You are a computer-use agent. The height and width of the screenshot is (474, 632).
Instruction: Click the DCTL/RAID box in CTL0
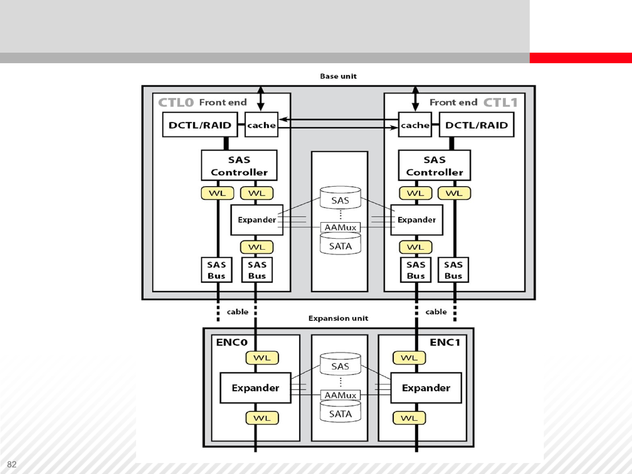[x=200, y=125]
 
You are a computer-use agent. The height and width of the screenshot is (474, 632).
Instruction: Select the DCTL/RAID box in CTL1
[x=476, y=125]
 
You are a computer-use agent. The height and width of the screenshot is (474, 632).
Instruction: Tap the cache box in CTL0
[x=261, y=125]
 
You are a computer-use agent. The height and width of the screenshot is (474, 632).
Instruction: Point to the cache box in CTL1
[x=415, y=125]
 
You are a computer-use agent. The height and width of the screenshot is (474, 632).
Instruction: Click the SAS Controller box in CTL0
[x=239, y=165]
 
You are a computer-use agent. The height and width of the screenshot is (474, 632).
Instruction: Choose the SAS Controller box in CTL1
[x=434, y=165]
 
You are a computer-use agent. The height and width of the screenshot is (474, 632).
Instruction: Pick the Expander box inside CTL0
[x=257, y=220]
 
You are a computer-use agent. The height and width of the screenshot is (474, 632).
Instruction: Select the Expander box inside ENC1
[x=426, y=388]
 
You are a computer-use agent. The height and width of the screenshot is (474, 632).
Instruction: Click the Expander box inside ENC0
[x=255, y=388]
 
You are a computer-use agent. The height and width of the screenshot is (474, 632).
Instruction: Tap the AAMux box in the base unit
[x=340, y=227]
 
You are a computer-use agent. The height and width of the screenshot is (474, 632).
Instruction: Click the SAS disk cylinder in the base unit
[x=340, y=199]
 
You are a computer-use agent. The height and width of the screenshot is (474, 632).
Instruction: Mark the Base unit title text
[x=338, y=76]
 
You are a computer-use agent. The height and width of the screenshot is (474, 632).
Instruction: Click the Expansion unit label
[x=338, y=318]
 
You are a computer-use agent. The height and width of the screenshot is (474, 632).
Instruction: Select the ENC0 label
[x=232, y=342]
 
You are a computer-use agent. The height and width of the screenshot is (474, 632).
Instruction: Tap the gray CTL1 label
[x=500, y=103]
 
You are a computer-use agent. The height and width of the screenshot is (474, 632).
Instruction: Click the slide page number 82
[x=12, y=464]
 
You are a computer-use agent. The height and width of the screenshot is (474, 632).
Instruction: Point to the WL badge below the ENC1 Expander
[x=409, y=418]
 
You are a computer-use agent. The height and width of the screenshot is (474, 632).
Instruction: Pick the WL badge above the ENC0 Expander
[x=262, y=358]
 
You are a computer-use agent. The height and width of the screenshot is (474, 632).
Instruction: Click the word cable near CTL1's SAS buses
[x=436, y=312]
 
